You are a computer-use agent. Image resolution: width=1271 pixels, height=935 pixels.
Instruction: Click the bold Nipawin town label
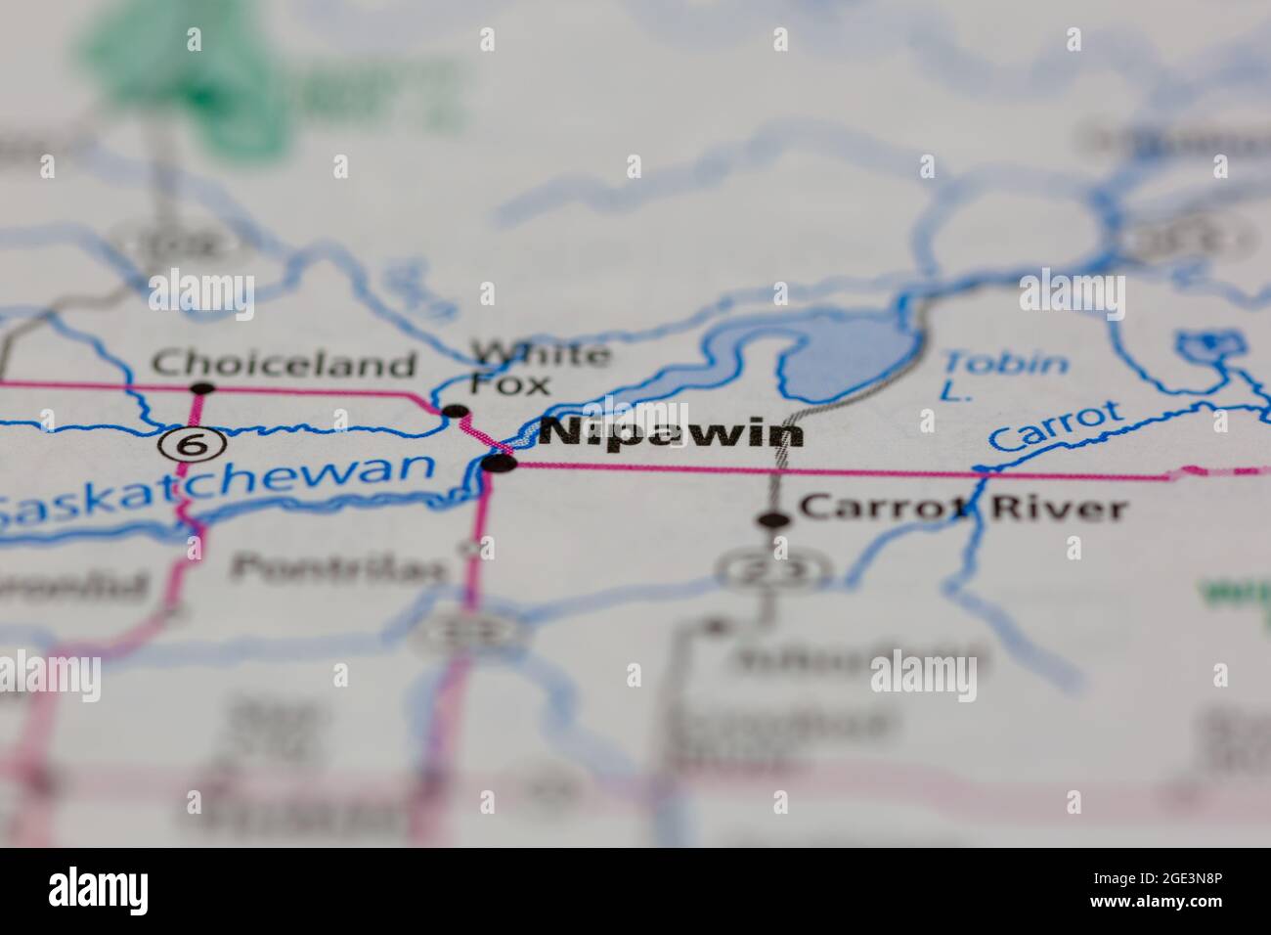pos(672,433)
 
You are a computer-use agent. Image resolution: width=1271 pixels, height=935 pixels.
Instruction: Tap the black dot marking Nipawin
pos(500,464)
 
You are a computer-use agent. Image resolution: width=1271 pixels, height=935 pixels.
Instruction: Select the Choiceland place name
pos(284,365)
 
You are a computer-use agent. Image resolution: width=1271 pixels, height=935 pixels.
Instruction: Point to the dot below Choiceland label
pos(202,388)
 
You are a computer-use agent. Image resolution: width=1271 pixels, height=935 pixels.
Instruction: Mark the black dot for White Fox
pos(455,412)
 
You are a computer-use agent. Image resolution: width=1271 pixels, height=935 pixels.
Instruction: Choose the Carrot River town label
pos(962,508)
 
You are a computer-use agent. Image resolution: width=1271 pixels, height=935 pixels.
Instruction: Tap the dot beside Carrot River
pos(774,520)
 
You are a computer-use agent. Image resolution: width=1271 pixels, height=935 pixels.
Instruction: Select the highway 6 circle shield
pos(192,445)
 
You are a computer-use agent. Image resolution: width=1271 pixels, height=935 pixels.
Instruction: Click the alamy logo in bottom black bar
pos(99,891)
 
